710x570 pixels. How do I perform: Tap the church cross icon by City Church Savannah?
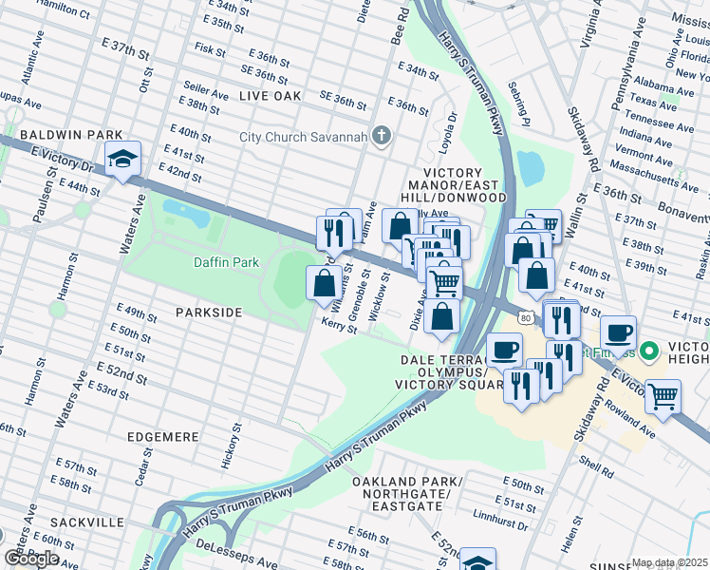tap(382, 136)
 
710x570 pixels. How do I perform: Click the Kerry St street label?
tap(339, 327)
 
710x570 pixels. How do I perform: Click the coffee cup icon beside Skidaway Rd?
tap(618, 332)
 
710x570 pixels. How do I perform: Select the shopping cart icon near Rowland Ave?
tap(663, 395)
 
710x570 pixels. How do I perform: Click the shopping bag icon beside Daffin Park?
tap(324, 282)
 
